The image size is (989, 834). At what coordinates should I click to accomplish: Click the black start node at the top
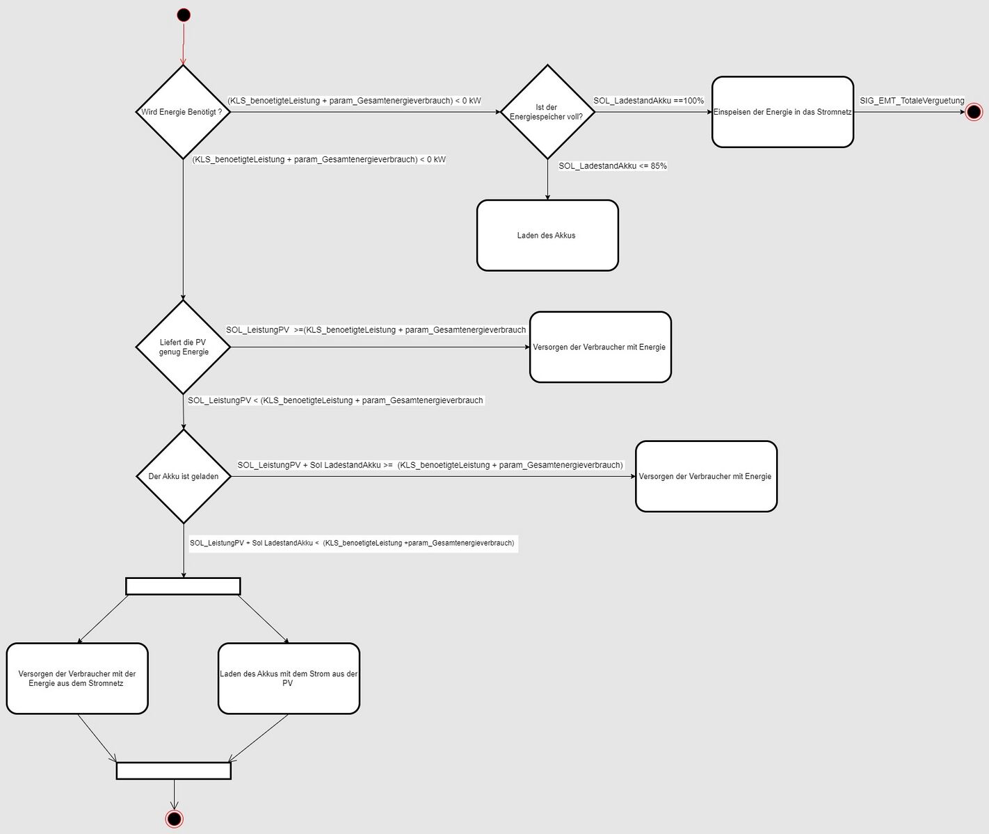pos(184,15)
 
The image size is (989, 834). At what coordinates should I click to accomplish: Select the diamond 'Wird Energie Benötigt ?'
pos(183,112)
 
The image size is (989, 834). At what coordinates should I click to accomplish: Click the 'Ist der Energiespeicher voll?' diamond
pos(547,112)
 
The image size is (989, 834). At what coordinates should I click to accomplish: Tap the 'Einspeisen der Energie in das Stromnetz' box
pos(782,112)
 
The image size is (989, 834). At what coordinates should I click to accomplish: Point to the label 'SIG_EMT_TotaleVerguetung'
pos(912,100)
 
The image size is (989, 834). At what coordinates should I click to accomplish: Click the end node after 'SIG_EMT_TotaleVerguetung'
pos(974,112)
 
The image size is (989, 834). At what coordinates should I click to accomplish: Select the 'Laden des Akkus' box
pos(547,235)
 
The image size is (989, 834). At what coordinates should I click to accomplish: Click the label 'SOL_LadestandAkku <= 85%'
pos(613,165)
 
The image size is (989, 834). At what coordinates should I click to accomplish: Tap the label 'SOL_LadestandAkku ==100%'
pos(648,100)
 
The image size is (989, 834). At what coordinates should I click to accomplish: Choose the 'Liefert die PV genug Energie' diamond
pos(184,347)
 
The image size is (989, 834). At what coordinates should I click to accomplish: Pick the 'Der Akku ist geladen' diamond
pos(184,476)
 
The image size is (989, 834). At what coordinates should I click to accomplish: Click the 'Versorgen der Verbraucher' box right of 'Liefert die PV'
pos(600,347)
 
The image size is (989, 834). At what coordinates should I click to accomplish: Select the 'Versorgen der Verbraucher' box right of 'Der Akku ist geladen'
pos(706,476)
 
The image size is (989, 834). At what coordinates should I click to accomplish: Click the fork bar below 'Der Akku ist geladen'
pos(183,586)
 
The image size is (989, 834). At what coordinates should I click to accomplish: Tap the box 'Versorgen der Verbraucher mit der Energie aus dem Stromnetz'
pos(77,678)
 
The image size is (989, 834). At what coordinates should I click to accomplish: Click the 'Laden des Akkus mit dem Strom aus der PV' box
pos(289,678)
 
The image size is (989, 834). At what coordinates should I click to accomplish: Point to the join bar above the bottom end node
pos(173,771)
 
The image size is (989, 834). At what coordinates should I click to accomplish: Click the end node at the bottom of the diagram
pos(174,819)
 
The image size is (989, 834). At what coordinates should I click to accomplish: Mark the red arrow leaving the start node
pos(184,44)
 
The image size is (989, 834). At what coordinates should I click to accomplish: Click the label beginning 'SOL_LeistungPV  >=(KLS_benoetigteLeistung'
pos(376,330)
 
